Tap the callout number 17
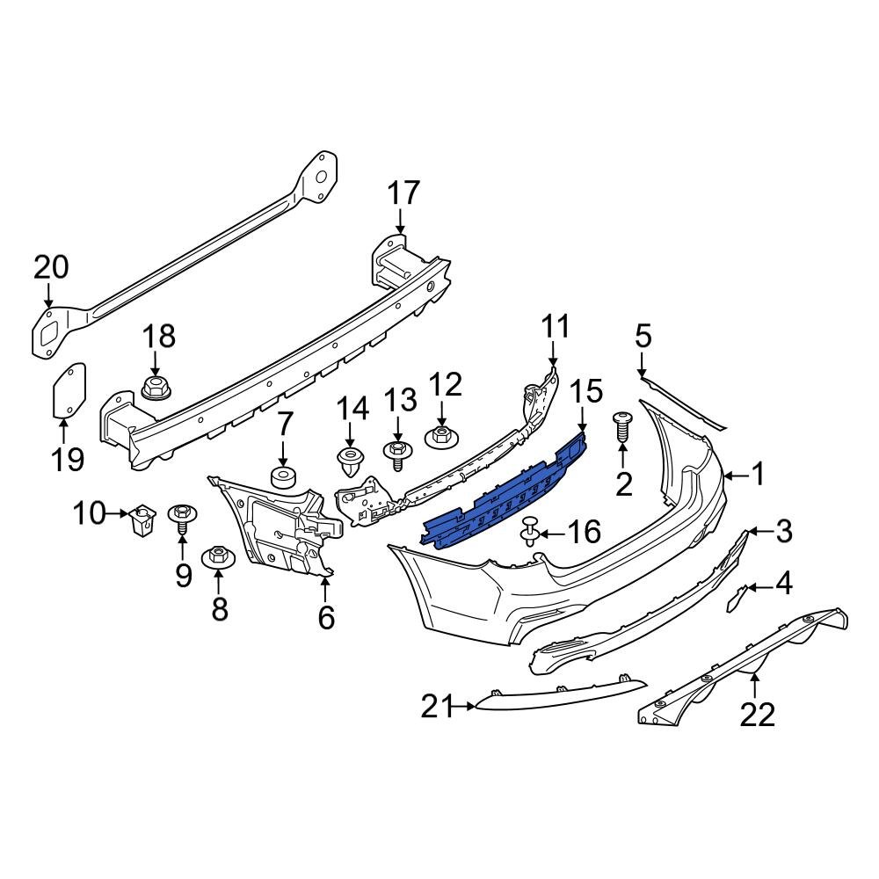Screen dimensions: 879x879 [x=405, y=193]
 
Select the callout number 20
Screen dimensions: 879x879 [x=50, y=267]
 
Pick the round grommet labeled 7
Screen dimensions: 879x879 [x=283, y=478]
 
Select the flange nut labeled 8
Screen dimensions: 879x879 [x=217, y=557]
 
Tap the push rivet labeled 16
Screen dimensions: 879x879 [x=530, y=531]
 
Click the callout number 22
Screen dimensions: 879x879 [x=758, y=716]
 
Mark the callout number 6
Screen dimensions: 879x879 [x=326, y=618]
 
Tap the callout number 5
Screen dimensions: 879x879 [x=643, y=335]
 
